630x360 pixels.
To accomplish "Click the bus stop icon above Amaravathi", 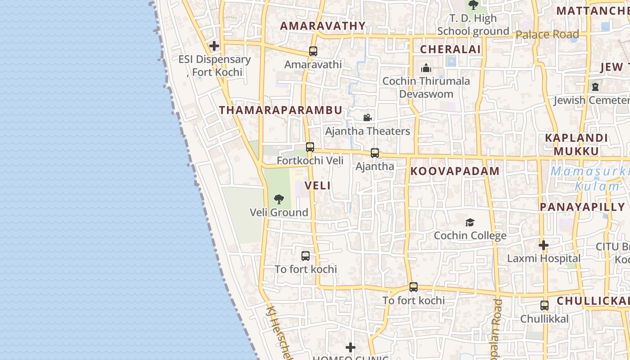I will [x=313, y=51].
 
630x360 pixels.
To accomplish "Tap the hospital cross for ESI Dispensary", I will [x=214, y=46].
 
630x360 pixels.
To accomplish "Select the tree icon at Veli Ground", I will [x=279, y=199].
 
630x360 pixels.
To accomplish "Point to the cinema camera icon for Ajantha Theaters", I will [x=367, y=118].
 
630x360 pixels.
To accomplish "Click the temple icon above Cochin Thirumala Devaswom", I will [x=426, y=68].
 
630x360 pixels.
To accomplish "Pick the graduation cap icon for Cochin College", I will [x=470, y=222].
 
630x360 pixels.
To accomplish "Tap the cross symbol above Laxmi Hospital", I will [x=544, y=246].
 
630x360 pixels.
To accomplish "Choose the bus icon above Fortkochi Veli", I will [x=310, y=147].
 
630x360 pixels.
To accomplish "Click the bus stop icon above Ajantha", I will [x=374, y=153].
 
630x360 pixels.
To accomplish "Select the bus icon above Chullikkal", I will [x=544, y=306].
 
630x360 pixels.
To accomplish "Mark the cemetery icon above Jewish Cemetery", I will [x=595, y=87].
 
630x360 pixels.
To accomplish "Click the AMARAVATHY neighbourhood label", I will [x=323, y=26].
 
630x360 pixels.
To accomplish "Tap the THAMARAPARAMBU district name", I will [x=280, y=110].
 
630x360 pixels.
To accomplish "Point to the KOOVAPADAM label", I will [x=454, y=171].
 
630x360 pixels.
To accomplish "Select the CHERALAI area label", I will [x=450, y=49].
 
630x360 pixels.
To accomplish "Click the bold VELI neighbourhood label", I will [x=317, y=185].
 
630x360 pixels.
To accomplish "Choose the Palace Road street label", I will [x=547, y=35].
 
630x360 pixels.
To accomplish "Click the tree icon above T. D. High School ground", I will [x=473, y=5].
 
